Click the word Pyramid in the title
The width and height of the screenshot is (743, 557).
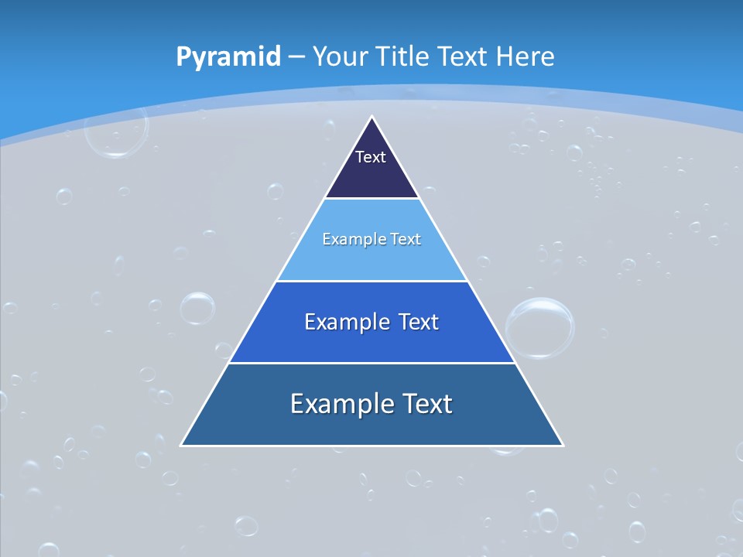point(228,56)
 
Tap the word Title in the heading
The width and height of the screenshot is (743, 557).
point(403,56)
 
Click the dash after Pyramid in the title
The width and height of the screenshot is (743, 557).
point(296,57)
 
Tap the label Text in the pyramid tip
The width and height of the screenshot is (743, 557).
point(371,157)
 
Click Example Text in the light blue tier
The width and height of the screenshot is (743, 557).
point(371,239)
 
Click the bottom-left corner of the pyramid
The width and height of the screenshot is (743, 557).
point(182,445)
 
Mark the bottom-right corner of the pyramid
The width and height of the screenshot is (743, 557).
point(562,445)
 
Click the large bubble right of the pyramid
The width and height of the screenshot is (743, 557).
point(539,328)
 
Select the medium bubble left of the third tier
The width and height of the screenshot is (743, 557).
point(197,308)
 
